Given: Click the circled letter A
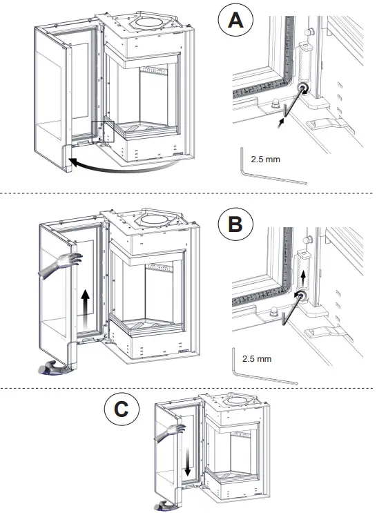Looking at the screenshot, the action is (x=235, y=20).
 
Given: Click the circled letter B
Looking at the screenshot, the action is (x=235, y=225).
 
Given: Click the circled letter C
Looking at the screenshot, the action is (x=122, y=409).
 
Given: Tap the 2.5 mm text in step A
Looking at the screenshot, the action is (x=265, y=159).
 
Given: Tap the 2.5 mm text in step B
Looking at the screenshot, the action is (x=257, y=358).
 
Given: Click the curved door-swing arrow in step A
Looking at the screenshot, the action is (x=124, y=169).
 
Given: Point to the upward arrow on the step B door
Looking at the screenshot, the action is (x=86, y=308).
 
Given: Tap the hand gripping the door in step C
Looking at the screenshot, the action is (x=170, y=432).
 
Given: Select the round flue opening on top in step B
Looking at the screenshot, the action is (x=155, y=220).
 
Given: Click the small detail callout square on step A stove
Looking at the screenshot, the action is (x=103, y=131).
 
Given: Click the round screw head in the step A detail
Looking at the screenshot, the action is (x=302, y=88).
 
